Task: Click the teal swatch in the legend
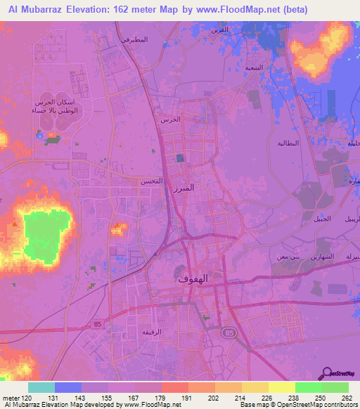pyautogui.click(x=41, y=387)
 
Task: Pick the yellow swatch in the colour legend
pyautogui.click(x=281, y=387)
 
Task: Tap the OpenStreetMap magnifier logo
pyautogui.click(x=327, y=372)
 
